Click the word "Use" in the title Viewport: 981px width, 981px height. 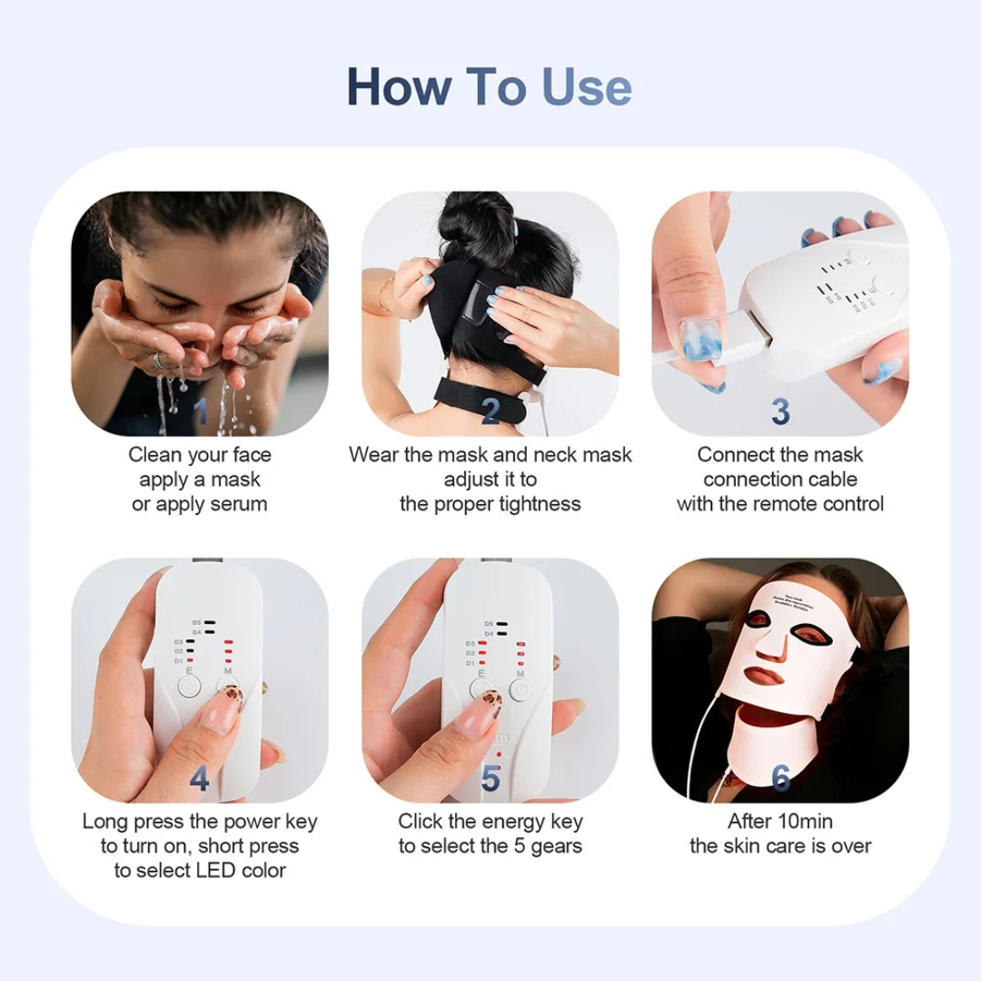click(587, 86)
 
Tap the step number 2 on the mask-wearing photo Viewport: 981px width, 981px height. click(490, 411)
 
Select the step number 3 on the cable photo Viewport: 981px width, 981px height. click(780, 411)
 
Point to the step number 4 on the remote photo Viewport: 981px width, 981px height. click(200, 778)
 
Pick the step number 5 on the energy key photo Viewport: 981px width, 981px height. click(490, 778)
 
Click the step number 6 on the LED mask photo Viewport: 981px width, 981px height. click(780, 778)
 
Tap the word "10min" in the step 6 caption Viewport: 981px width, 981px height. click(803, 821)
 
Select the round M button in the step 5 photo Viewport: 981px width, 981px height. click(520, 691)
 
